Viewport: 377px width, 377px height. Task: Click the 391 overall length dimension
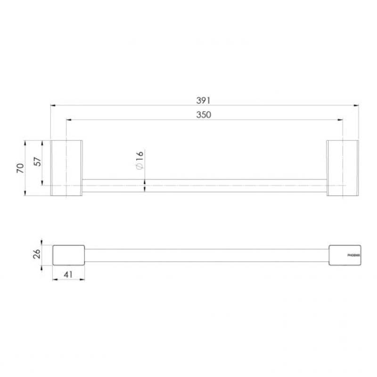(x=204, y=100)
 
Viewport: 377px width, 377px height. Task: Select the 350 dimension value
(x=204, y=115)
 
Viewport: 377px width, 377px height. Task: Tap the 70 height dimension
(x=20, y=168)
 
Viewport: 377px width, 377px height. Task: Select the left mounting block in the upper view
(x=66, y=167)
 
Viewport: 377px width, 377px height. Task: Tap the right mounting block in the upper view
(x=343, y=167)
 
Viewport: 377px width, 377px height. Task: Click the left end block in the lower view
(x=68, y=255)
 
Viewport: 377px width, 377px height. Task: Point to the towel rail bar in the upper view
(x=205, y=186)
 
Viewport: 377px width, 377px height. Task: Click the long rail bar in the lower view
(x=206, y=255)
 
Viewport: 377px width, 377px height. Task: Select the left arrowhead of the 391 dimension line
(x=53, y=106)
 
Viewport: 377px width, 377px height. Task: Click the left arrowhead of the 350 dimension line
(x=68, y=120)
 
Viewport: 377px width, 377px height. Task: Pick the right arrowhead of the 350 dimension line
(x=340, y=120)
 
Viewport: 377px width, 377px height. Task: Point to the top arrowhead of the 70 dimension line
(x=25, y=142)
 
